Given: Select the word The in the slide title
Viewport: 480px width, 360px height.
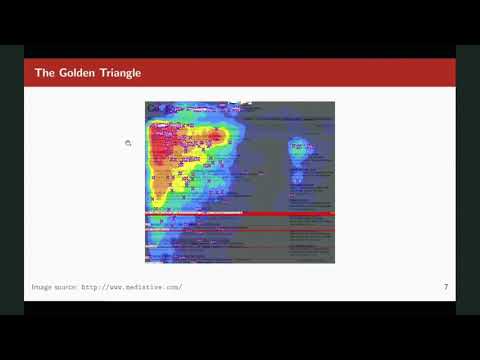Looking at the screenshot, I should pyautogui.click(x=45, y=73).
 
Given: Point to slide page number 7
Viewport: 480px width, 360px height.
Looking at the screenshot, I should pyautogui.click(x=445, y=288).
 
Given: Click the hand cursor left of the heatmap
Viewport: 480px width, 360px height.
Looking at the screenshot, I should pyautogui.click(x=129, y=143).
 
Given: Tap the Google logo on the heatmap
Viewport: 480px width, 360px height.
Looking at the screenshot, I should pyautogui.click(x=155, y=108).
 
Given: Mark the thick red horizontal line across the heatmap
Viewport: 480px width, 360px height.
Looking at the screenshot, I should pyautogui.click(x=240, y=214).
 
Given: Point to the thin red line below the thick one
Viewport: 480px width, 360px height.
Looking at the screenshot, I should pyautogui.click(x=240, y=230).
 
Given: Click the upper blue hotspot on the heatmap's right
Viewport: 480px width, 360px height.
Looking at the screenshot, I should pyautogui.click(x=300, y=147).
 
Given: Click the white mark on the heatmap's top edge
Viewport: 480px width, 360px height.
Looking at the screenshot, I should pyautogui.click(x=242, y=102).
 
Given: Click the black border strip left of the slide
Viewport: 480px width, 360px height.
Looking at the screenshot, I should pyautogui.click(x=11, y=180).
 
